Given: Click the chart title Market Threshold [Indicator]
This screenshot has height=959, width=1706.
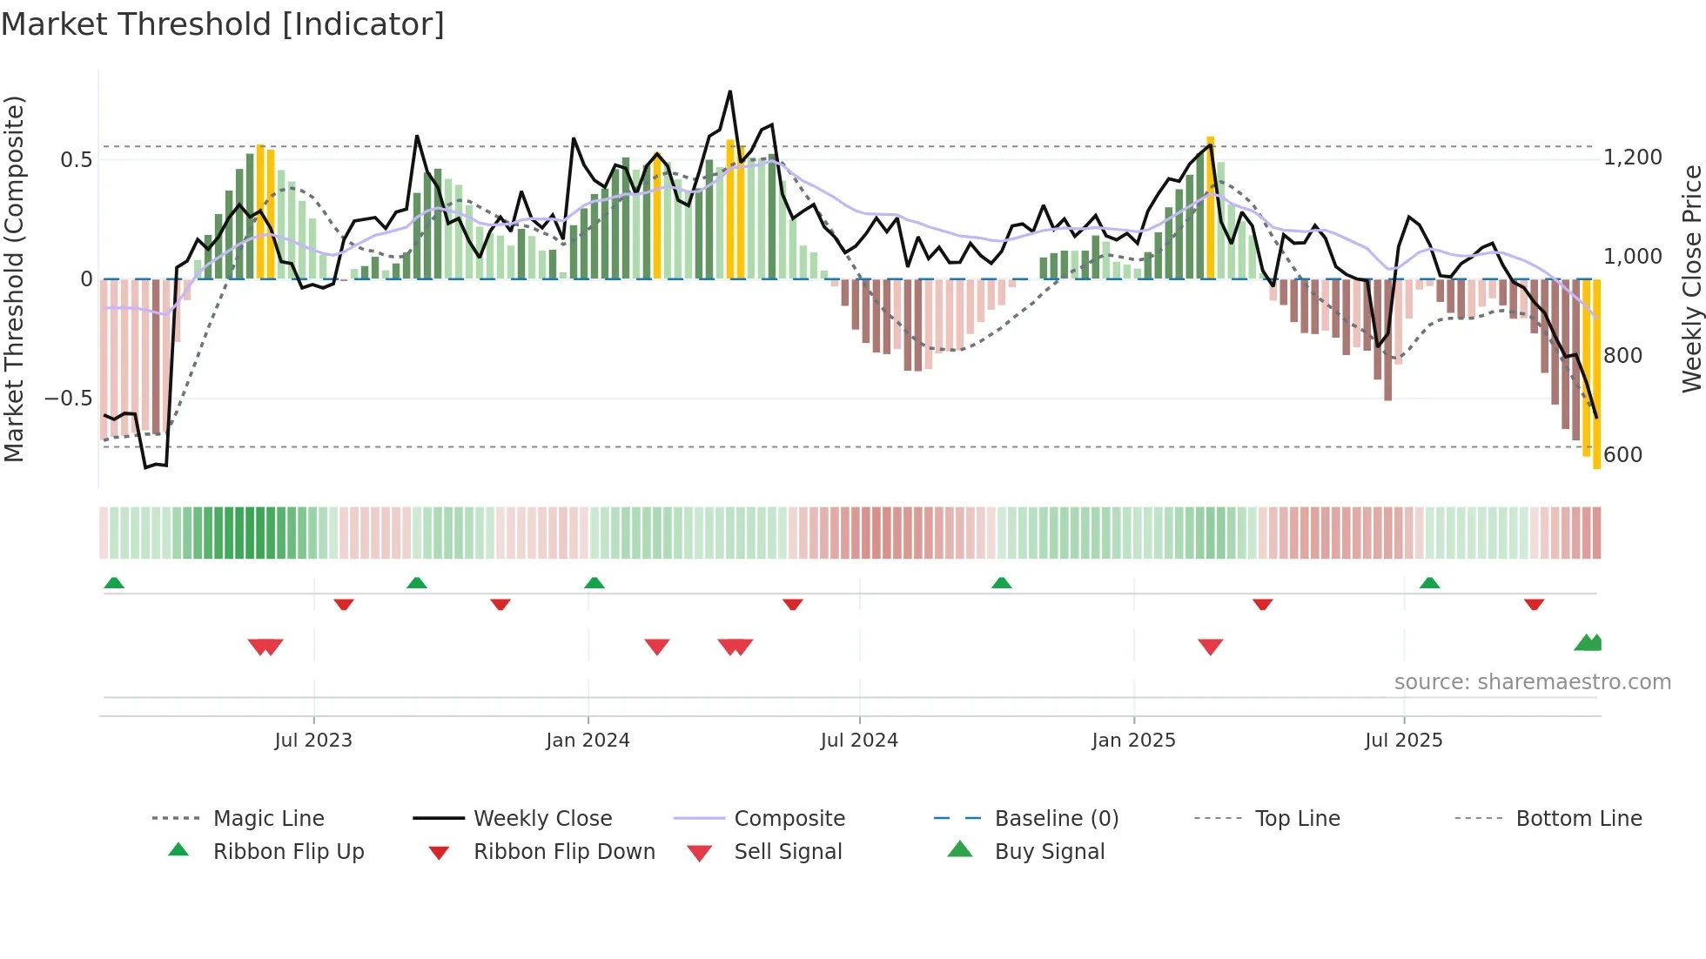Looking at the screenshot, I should click(x=223, y=24).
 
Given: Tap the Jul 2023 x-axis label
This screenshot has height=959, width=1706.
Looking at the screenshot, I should click(x=313, y=741).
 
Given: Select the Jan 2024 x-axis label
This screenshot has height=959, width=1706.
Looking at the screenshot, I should click(x=588, y=741).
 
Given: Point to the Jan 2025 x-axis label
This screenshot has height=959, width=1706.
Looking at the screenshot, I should click(x=1133, y=741).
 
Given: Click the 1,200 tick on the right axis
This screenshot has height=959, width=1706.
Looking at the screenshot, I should click(x=1633, y=158).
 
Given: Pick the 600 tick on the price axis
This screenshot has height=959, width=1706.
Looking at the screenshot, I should click(x=1622, y=455).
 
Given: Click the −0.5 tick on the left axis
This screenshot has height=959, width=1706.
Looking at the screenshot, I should click(x=69, y=399).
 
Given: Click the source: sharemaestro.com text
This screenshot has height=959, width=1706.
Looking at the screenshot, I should click(x=1532, y=682).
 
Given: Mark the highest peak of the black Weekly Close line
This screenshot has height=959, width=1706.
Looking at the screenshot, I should click(x=730, y=91).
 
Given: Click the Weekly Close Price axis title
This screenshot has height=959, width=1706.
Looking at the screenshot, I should click(x=1691, y=278).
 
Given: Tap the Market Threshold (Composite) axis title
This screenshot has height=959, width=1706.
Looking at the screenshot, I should click(x=14, y=278).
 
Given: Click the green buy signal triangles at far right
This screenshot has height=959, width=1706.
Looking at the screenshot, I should click(x=1588, y=643).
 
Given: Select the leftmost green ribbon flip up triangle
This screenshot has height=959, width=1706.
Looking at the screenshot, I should click(x=114, y=583).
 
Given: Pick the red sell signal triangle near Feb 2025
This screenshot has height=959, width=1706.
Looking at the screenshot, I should click(x=1210, y=647).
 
